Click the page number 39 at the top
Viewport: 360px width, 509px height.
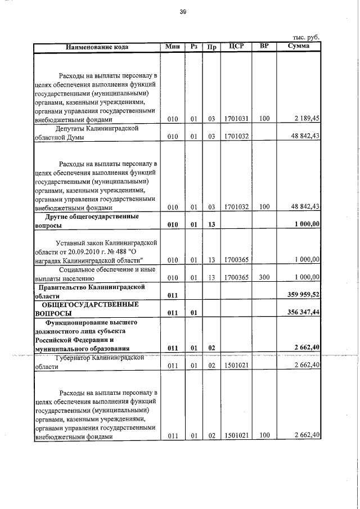coord(182,12)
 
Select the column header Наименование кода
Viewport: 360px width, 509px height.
coord(97,47)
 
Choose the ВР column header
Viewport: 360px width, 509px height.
coord(264,46)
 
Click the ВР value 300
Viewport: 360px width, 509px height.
coord(264,277)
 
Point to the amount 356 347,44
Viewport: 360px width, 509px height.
coord(303,312)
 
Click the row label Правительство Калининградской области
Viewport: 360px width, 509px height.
coord(90,290)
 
